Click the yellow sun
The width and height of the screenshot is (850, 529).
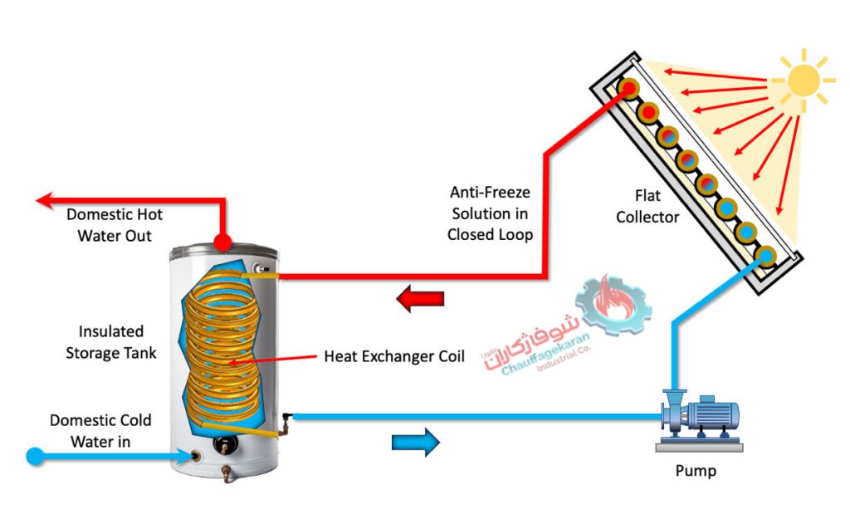tap(804, 81)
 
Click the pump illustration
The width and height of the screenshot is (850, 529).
tap(699, 420)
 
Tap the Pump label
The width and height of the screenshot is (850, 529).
tap(696, 470)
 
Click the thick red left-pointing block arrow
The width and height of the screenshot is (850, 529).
tap(420, 298)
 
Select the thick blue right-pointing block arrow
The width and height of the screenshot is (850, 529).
tap(416, 442)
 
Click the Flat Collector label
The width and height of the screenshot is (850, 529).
tap(647, 206)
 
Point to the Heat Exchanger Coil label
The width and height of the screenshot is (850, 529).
tap(394, 356)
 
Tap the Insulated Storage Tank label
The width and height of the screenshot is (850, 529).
tap(111, 342)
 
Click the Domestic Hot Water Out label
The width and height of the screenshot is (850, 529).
tap(115, 224)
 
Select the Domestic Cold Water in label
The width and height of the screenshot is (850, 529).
tap(100, 431)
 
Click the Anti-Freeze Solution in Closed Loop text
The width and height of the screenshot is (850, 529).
tap(490, 213)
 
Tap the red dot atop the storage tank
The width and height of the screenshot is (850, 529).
tap(222, 242)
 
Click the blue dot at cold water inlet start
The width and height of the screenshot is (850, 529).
tap(35, 456)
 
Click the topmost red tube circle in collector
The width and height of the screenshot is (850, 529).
tap(629, 88)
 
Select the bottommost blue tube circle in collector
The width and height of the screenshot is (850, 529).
tap(766, 256)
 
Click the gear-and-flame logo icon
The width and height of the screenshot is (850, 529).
tap(613, 304)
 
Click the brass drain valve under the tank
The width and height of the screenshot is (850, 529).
tap(227, 473)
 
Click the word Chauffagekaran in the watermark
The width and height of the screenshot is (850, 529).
tap(545, 355)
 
